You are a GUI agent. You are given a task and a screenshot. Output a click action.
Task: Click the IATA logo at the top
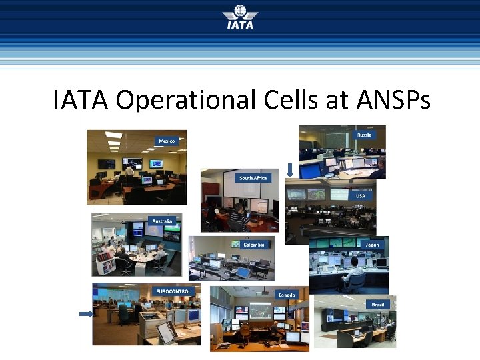[x=239, y=19]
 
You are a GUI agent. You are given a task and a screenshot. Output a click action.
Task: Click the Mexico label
[x=167, y=141]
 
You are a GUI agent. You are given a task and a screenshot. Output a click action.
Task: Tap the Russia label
[x=364, y=135]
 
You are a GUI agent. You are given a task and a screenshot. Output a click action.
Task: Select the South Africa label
[x=253, y=178]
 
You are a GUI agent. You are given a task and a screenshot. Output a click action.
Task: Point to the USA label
[x=360, y=196]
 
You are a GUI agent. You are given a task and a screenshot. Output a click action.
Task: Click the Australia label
[x=162, y=221]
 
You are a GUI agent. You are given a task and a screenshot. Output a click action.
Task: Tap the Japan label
[x=372, y=245]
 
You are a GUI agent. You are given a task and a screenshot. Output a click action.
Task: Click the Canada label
[x=287, y=294]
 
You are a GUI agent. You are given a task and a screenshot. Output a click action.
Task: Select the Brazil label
[x=378, y=304]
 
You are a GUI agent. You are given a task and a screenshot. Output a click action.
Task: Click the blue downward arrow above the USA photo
[x=290, y=171]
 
